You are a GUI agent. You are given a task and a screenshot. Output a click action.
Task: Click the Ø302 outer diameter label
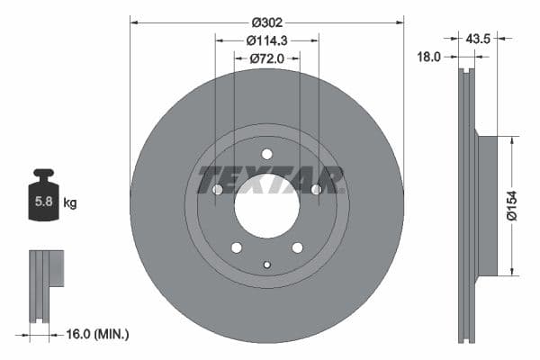tap(267, 22)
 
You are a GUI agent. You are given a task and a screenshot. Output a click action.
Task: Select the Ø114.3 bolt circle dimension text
tap(267, 40)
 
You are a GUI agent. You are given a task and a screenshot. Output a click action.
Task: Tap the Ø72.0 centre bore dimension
tap(267, 58)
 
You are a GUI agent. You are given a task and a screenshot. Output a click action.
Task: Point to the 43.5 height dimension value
tap(478, 39)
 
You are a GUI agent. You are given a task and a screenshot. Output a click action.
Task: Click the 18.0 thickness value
tap(429, 56)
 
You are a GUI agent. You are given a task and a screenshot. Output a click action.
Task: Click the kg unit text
tap(70, 202)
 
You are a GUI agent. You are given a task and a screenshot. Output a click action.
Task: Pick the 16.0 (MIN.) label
tap(98, 334)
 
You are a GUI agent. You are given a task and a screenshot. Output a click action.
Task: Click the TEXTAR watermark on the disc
tap(267, 179)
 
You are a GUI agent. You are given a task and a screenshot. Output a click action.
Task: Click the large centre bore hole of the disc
tap(266, 206)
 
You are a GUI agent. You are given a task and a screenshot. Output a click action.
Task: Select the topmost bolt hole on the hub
tap(266, 154)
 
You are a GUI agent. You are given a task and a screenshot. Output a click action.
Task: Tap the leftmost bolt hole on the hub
tap(217, 190)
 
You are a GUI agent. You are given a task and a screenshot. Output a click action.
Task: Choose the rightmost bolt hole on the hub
tap(316, 190)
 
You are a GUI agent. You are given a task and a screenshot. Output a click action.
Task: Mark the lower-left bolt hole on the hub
tap(236, 247)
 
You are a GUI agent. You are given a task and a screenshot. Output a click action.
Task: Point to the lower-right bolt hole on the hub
tap(297, 247)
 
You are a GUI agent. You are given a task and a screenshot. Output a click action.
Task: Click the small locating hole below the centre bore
tap(266, 264)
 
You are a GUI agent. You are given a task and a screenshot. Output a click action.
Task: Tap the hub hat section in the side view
tap(487, 206)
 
